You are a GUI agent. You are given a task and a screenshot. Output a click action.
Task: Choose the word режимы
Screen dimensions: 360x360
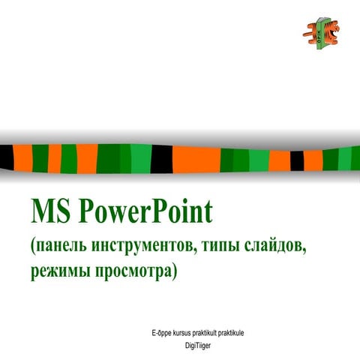click(x=62, y=271)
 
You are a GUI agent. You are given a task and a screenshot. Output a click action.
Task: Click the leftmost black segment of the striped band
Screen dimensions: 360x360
click(x=7, y=157)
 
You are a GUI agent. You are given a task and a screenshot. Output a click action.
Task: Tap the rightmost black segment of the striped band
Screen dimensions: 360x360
click(x=296, y=160)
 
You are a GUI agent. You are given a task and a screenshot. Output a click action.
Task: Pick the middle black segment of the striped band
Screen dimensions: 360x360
click(x=162, y=157)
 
